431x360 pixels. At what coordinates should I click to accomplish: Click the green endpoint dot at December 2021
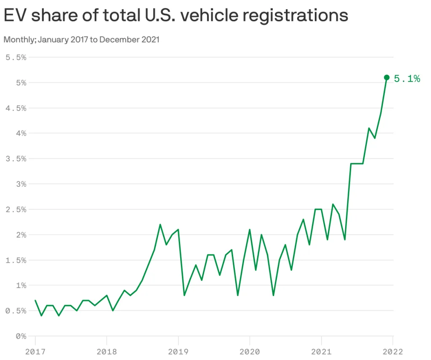[387, 77]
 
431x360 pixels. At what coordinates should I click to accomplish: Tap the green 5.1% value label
[407, 78]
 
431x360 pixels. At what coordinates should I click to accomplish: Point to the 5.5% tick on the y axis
[16, 57]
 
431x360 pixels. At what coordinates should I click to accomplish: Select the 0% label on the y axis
[21, 336]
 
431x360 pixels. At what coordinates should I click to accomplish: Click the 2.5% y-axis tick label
[16, 209]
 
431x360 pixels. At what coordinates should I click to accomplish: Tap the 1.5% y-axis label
[16, 260]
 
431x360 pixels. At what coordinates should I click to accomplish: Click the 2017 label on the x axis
[35, 351]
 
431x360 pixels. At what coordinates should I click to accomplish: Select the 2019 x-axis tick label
[178, 351]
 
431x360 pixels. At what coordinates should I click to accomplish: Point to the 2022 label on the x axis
[393, 351]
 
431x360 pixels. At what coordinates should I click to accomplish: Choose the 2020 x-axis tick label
[250, 351]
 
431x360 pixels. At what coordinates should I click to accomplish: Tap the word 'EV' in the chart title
[15, 16]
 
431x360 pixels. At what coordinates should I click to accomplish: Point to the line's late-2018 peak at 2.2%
[160, 225]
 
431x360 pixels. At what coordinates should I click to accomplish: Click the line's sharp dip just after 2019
[184, 295]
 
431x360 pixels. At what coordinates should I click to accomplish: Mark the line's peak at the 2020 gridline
[250, 230]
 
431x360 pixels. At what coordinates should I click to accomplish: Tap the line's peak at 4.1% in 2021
[369, 128]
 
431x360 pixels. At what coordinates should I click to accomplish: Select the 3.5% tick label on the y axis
[16, 159]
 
